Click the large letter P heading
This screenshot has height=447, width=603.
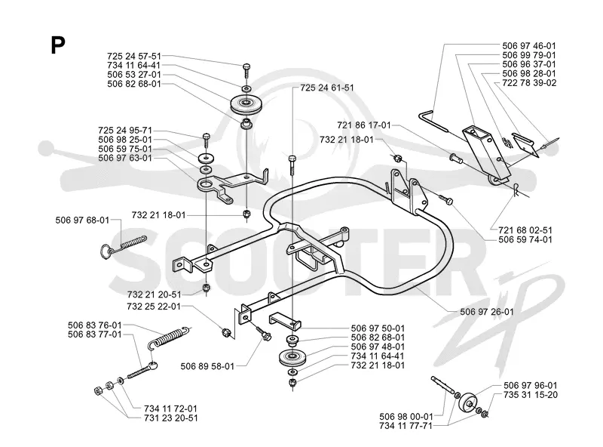(x=58, y=45)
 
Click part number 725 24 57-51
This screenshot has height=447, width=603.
(x=134, y=57)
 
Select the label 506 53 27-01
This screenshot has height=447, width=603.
(x=134, y=74)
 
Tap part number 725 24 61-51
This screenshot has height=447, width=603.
(x=327, y=88)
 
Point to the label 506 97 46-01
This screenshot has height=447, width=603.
(x=529, y=46)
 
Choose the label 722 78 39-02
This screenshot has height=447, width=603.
(x=529, y=83)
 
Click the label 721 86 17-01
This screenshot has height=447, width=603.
(x=364, y=125)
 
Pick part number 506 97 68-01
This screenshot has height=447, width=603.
(x=82, y=220)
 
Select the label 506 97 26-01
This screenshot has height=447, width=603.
(x=487, y=311)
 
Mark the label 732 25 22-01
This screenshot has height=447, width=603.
(x=154, y=307)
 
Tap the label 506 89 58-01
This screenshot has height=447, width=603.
(x=207, y=366)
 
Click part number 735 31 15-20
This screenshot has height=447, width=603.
(x=531, y=395)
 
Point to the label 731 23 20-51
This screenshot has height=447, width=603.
(x=171, y=418)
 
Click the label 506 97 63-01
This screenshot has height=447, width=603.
(x=125, y=158)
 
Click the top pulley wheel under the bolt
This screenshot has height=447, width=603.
(x=246, y=103)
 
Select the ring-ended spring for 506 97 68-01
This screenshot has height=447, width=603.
(x=122, y=245)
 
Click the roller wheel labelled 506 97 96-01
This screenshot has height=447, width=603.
(x=469, y=404)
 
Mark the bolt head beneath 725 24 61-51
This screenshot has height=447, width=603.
(x=292, y=158)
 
